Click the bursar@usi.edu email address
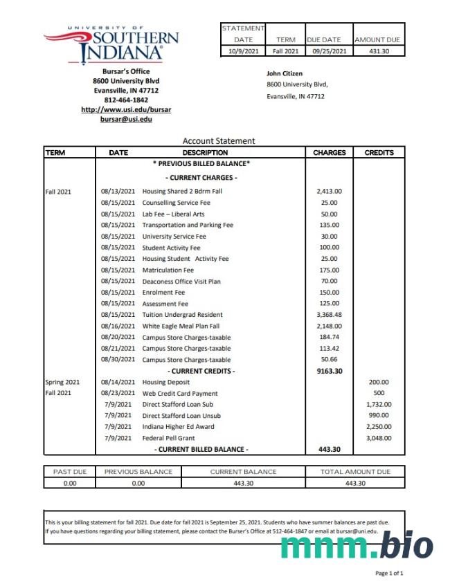tap(126, 119)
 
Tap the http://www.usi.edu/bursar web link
tap(126, 109)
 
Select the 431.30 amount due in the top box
tap(379, 51)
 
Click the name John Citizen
tap(285, 73)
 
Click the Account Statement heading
tap(219, 140)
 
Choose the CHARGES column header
tap(329, 153)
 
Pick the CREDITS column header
tap(379, 153)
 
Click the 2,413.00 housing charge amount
tap(329, 192)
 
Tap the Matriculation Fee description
tap(168, 270)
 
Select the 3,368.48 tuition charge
tap(329, 315)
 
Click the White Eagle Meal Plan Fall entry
tap(181, 326)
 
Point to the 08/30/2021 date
tap(118, 360)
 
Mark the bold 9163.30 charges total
tap(329, 371)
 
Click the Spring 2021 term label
tap(62, 382)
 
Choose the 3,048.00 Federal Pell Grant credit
tap(379, 438)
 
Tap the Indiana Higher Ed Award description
tap(179, 427)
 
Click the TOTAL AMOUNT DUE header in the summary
tap(354, 472)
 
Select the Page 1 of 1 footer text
tap(389, 574)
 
